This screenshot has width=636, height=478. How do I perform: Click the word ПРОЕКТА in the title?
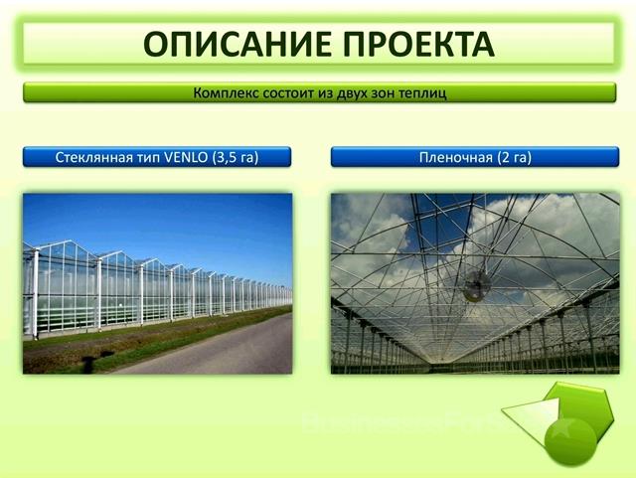(419, 44)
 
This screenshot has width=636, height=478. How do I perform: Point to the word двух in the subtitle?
(349, 93)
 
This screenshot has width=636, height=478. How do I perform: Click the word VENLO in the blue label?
(186, 157)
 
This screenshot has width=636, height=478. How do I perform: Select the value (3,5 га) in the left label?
(236, 157)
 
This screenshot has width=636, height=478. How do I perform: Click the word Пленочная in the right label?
(456, 157)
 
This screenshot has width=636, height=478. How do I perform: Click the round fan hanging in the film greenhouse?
(477, 285)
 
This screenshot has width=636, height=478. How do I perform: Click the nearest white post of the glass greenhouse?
(36, 293)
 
